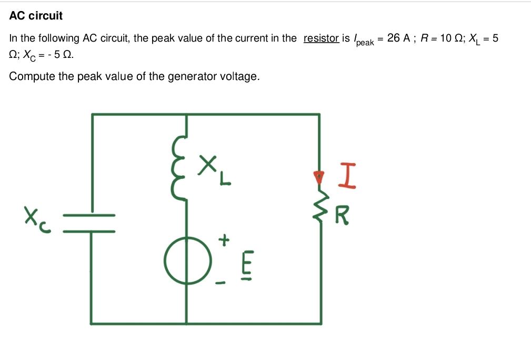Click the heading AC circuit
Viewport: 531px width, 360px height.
point(36,16)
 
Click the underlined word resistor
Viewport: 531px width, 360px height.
point(321,38)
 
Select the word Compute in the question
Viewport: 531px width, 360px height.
point(29,76)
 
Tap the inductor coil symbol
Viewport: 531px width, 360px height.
point(180,167)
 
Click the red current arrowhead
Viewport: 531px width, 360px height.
point(318,177)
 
